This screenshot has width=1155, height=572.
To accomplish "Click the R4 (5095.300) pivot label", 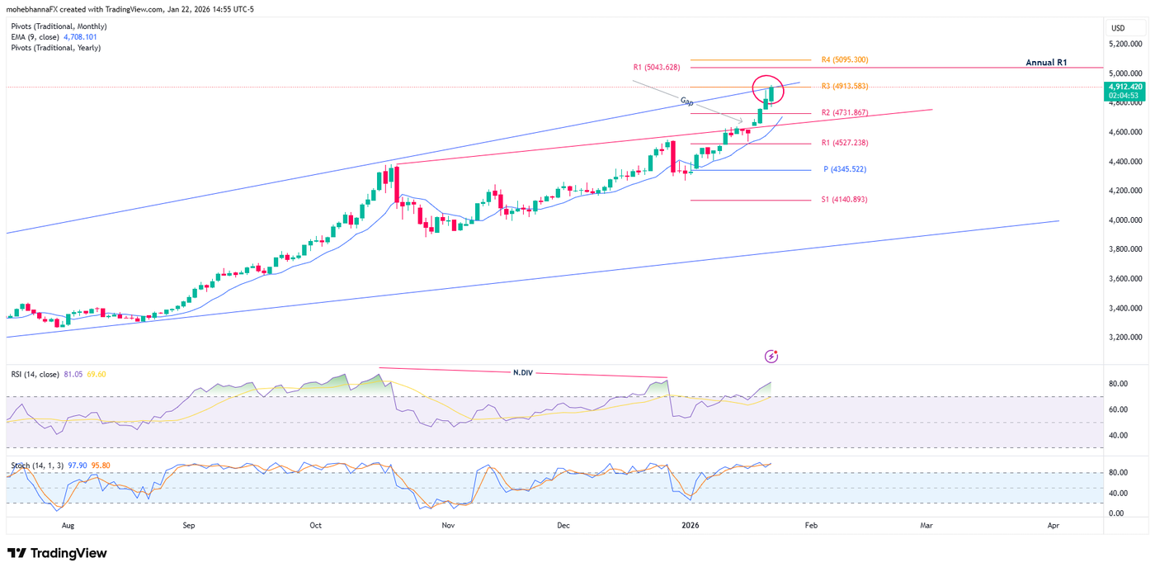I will coord(844,60).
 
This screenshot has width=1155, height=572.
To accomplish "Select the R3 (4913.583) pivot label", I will coord(844,86).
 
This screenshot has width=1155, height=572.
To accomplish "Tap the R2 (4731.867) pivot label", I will coord(844,112).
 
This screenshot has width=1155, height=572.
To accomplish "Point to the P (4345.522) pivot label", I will coord(845,169).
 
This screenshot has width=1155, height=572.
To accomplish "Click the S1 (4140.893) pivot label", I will coord(844,200).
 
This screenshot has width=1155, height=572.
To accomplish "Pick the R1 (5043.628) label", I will coord(656,67).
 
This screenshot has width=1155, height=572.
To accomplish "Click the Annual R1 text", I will coord(1046,63).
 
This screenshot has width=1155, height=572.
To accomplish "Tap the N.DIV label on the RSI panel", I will coord(523,373).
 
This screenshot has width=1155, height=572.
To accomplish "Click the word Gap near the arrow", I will coord(686,101).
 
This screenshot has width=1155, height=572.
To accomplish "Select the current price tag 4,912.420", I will coord(1125,87).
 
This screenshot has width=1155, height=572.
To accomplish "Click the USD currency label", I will coord(1118,28).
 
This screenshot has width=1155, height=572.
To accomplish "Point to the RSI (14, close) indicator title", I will coord(35,375).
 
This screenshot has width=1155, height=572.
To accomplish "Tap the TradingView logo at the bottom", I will coord(57,553).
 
